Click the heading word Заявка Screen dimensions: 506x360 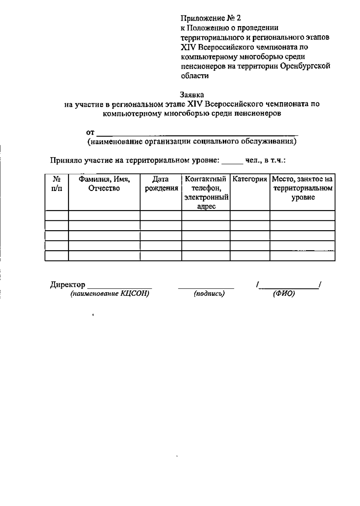click(192, 95)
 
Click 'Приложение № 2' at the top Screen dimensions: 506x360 click(211, 18)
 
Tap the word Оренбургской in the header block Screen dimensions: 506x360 click(305, 66)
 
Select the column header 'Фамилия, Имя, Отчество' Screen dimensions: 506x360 click(104, 184)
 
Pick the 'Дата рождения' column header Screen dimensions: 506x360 click(161, 184)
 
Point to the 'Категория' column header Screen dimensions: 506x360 click(250, 179)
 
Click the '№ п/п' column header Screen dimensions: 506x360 click(57, 184)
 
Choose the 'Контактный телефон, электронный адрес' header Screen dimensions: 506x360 click(206, 193)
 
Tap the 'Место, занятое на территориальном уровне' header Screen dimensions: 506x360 click(302, 188)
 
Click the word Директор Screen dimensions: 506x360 click(67, 285)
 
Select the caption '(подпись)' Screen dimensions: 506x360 click(209, 294)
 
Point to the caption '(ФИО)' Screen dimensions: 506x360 click(284, 294)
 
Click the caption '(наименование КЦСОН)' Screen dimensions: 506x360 click(109, 294)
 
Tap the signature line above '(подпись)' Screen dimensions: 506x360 click(206, 288)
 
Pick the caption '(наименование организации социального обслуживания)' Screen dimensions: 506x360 click(192, 142)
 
